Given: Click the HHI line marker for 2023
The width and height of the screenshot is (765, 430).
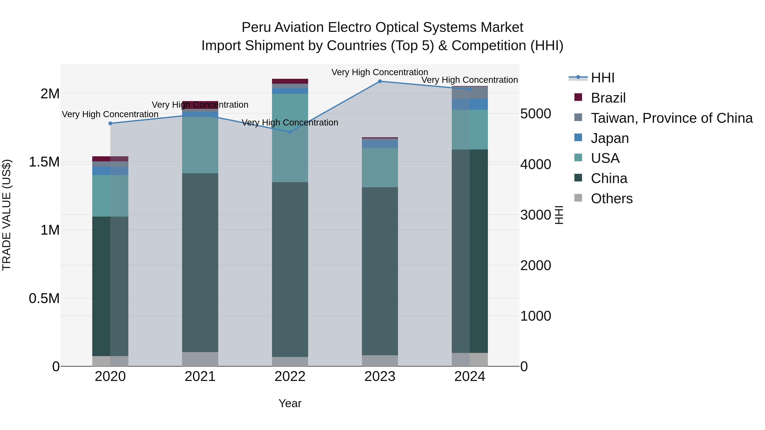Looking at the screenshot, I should pyautogui.click(x=380, y=81).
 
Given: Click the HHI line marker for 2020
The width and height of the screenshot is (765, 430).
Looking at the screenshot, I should pyautogui.click(x=110, y=123).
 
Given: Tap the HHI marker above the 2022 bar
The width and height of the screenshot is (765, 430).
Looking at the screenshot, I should pyautogui.click(x=290, y=132).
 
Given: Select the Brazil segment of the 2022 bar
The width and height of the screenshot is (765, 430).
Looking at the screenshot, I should pyautogui.click(x=290, y=81).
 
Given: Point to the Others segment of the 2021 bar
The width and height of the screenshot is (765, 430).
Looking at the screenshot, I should pyautogui.click(x=200, y=359).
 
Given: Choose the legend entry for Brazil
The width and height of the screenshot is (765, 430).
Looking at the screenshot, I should pyautogui.click(x=608, y=98).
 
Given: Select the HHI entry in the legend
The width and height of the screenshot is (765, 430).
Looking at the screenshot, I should pyautogui.click(x=602, y=78).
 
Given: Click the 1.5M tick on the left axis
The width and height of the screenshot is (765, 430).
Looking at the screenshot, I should pyautogui.click(x=44, y=162).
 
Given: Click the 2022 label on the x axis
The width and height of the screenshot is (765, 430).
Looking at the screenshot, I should pyautogui.click(x=290, y=376).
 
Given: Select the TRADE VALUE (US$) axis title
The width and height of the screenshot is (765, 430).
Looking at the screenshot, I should pyautogui.click(x=7, y=215).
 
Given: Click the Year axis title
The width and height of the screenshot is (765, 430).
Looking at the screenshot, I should pyautogui.click(x=290, y=403).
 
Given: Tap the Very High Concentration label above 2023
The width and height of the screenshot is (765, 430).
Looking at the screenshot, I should pyautogui.click(x=380, y=72).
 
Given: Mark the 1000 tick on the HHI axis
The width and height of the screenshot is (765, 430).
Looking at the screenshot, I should pyautogui.click(x=536, y=316).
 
